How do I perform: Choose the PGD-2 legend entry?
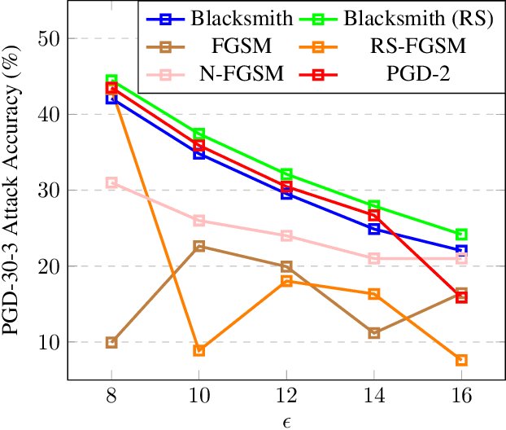(x=422, y=74)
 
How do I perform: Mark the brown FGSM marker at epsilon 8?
(x=111, y=342)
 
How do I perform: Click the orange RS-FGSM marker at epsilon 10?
(x=198, y=350)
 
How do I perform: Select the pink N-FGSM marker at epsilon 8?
(x=111, y=183)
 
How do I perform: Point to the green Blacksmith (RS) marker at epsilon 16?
(x=461, y=235)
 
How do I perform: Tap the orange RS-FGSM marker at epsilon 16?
(x=461, y=360)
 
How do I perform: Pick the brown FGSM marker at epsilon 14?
(x=374, y=332)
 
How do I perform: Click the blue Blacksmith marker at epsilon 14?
(x=374, y=229)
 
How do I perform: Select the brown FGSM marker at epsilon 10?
(x=198, y=246)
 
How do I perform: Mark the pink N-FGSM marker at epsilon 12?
(x=286, y=235)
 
